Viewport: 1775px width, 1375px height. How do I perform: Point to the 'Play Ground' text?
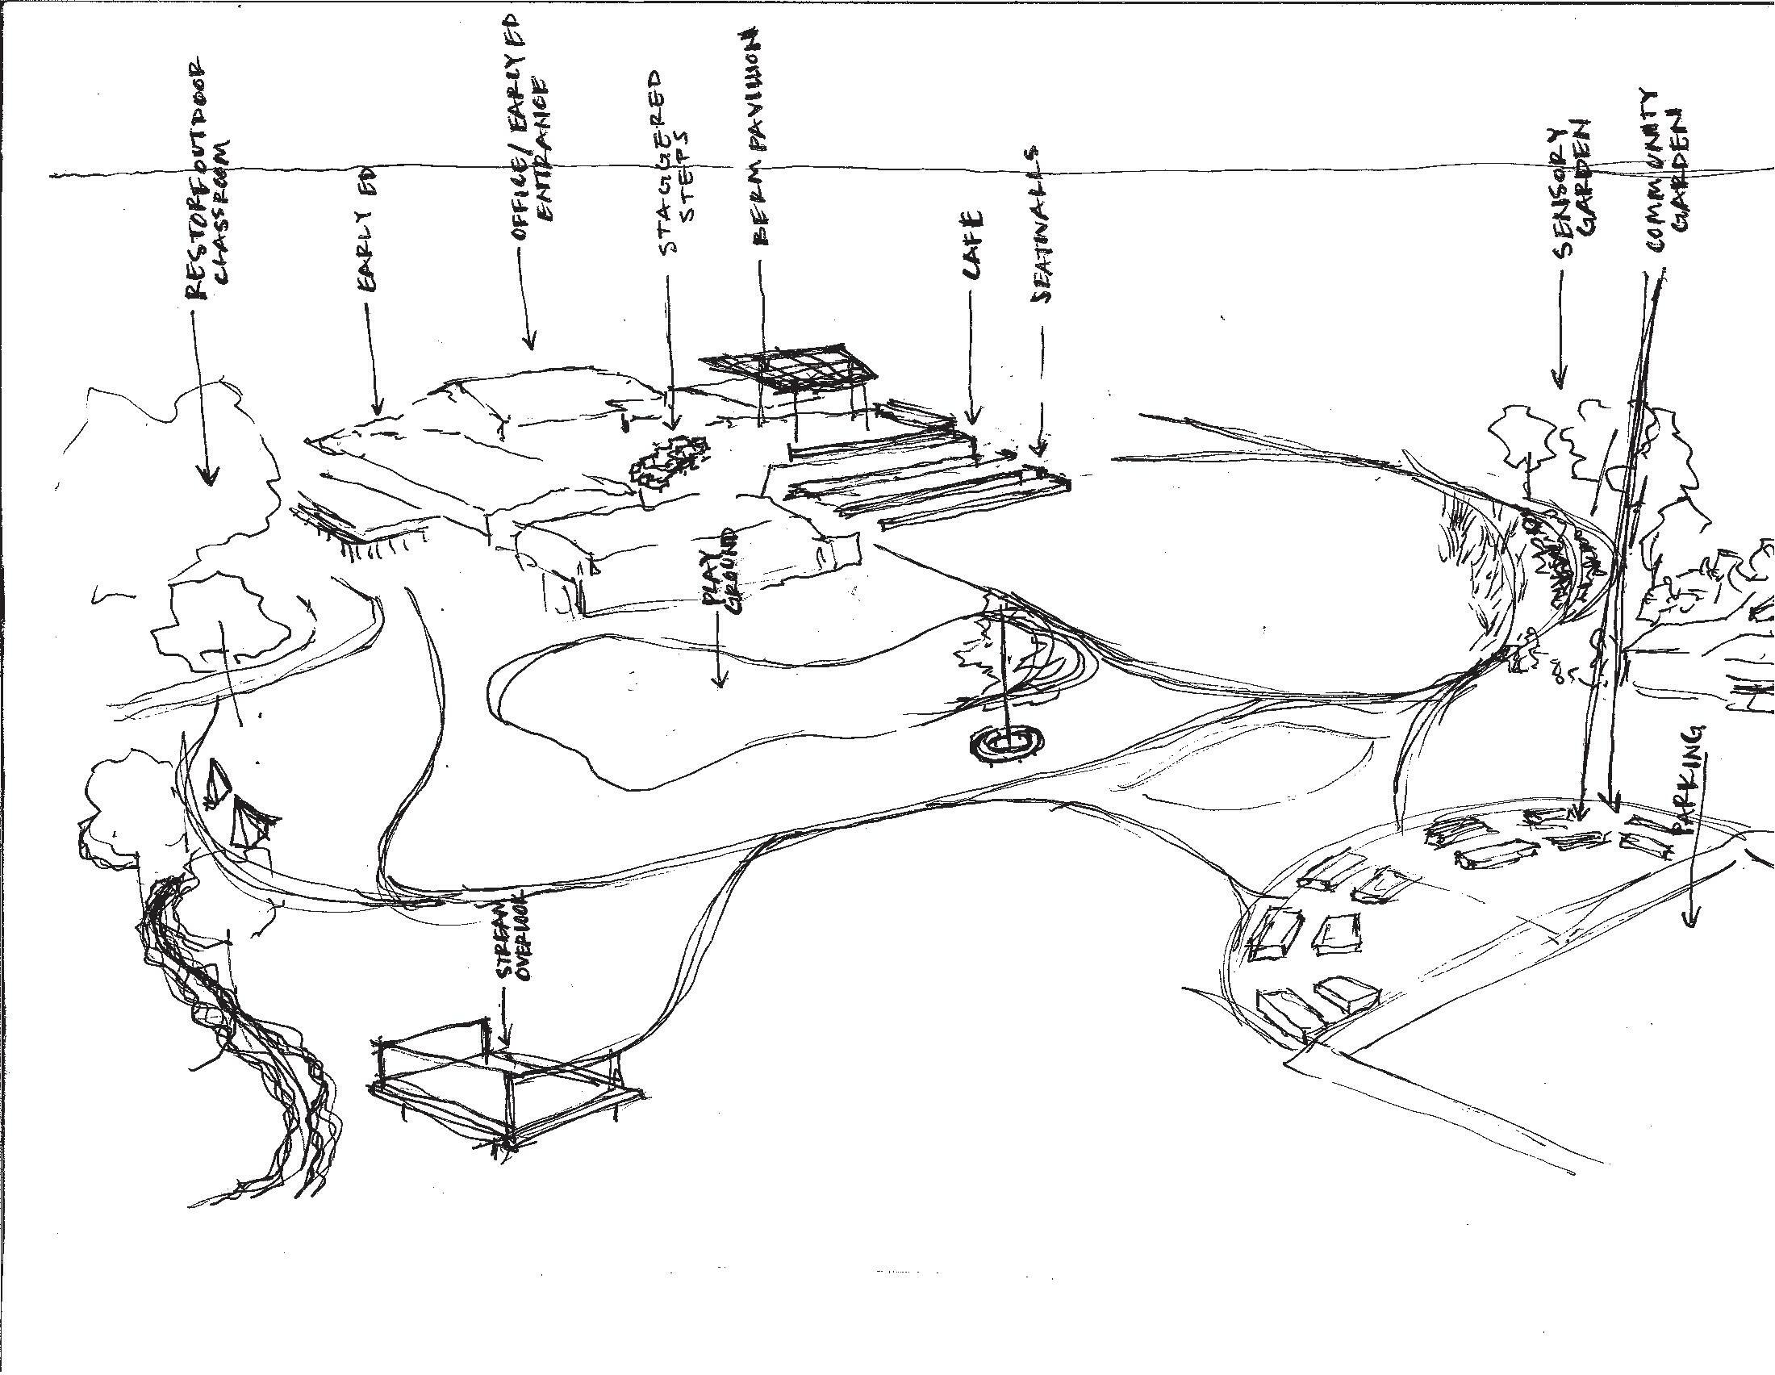tap(719, 570)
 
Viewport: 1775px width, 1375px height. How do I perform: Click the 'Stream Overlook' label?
tap(510, 935)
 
